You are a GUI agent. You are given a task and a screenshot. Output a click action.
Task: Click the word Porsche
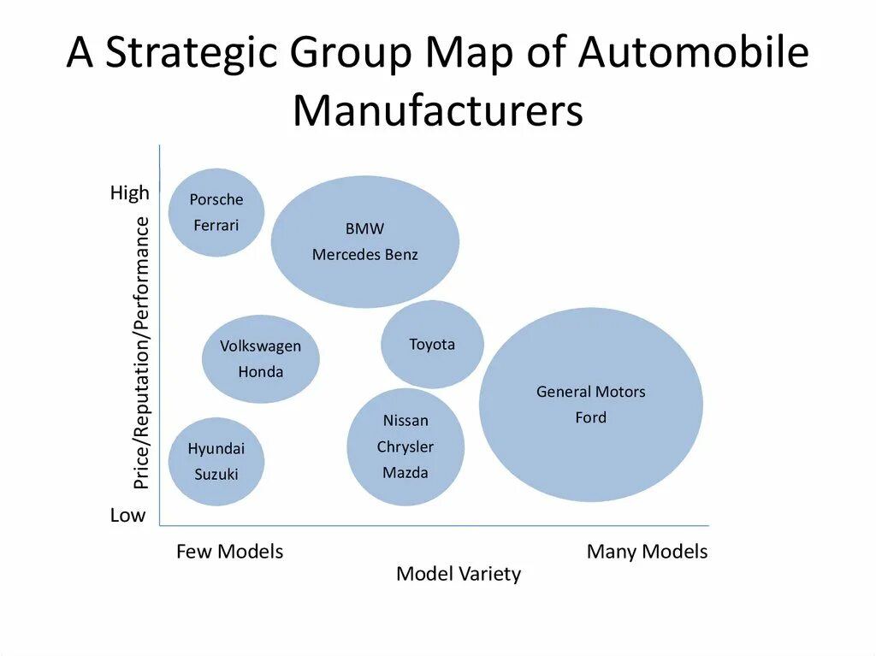[216, 200]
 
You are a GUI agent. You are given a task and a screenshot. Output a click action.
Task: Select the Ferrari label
[216, 226]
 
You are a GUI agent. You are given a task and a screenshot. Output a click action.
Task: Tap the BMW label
[364, 229]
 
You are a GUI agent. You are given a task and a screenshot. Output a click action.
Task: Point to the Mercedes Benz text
[365, 255]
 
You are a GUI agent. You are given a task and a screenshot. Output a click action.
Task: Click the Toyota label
[432, 345]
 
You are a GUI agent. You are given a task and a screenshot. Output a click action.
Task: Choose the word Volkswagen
[261, 346]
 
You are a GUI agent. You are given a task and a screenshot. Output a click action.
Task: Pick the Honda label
[261, 372]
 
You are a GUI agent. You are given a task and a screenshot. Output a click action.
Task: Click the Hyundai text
[216, 449]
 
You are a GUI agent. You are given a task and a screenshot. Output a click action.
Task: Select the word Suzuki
[216, 475]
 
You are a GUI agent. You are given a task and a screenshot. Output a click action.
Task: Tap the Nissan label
[405, 421]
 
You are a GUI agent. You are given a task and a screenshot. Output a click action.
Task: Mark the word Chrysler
[405, 447]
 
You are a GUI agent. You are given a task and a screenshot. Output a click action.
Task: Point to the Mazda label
[405, 473]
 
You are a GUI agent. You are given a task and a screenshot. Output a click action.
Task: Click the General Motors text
[591, 392]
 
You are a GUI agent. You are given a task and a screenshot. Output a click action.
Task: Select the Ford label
[591, 417]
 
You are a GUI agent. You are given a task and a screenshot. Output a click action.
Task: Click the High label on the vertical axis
[130, 193]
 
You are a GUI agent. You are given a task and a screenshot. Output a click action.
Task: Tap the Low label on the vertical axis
[128, 516]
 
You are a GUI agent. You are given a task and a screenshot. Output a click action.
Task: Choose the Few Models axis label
[229, 552]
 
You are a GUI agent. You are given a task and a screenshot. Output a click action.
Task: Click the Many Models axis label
[647, 552]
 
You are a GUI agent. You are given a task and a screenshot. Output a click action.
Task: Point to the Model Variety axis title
[459, 574]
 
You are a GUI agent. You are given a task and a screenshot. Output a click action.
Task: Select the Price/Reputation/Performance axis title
[141, 353]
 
